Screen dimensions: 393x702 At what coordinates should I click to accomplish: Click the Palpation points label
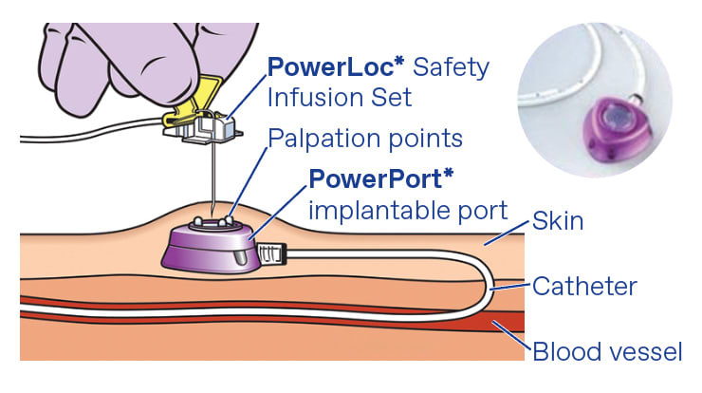(x=365, y=138)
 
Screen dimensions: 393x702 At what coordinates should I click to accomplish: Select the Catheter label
(x=584, y=286)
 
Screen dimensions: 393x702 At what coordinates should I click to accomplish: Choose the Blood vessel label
(x=606, y=352)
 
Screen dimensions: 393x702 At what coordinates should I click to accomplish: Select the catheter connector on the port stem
(x=270, y=253)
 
